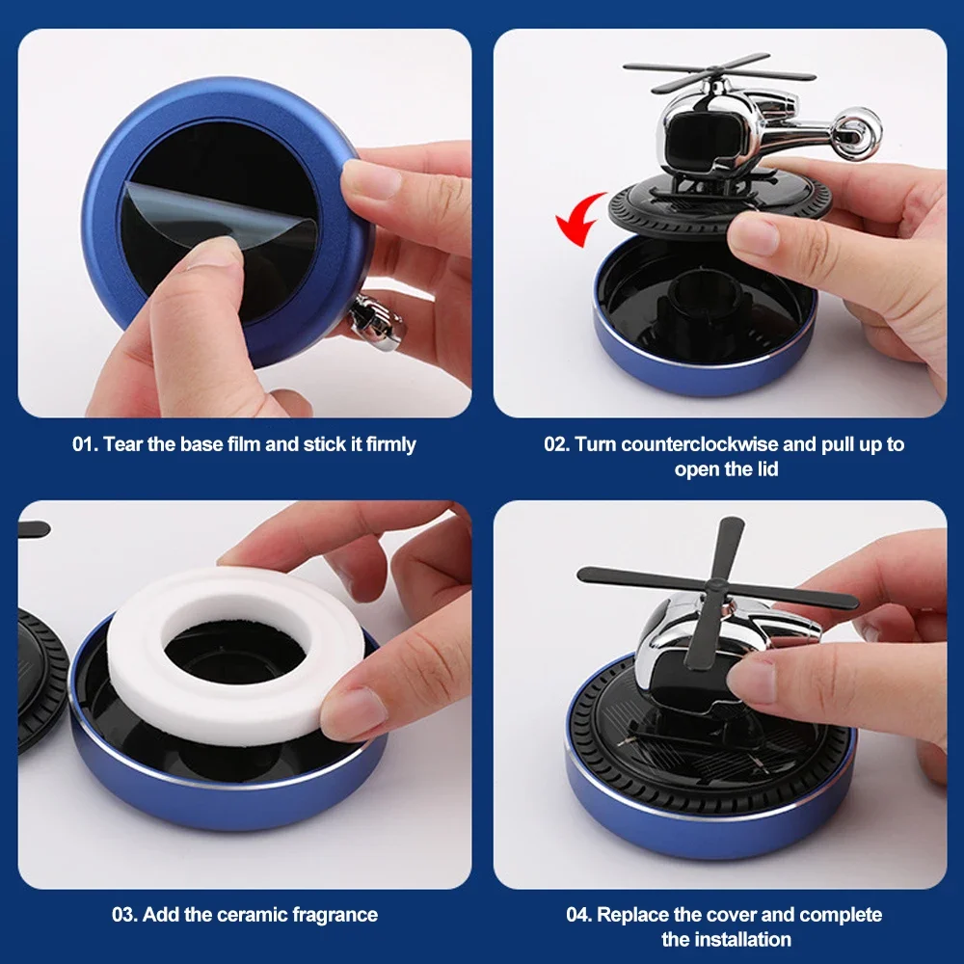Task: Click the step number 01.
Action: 84,443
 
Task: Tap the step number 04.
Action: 578,914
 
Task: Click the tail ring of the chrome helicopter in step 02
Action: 856,133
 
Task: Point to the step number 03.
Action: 124,914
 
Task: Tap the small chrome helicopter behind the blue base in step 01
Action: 376,321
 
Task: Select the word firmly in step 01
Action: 391,443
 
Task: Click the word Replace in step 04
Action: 633,914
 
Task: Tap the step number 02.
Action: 556,443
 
